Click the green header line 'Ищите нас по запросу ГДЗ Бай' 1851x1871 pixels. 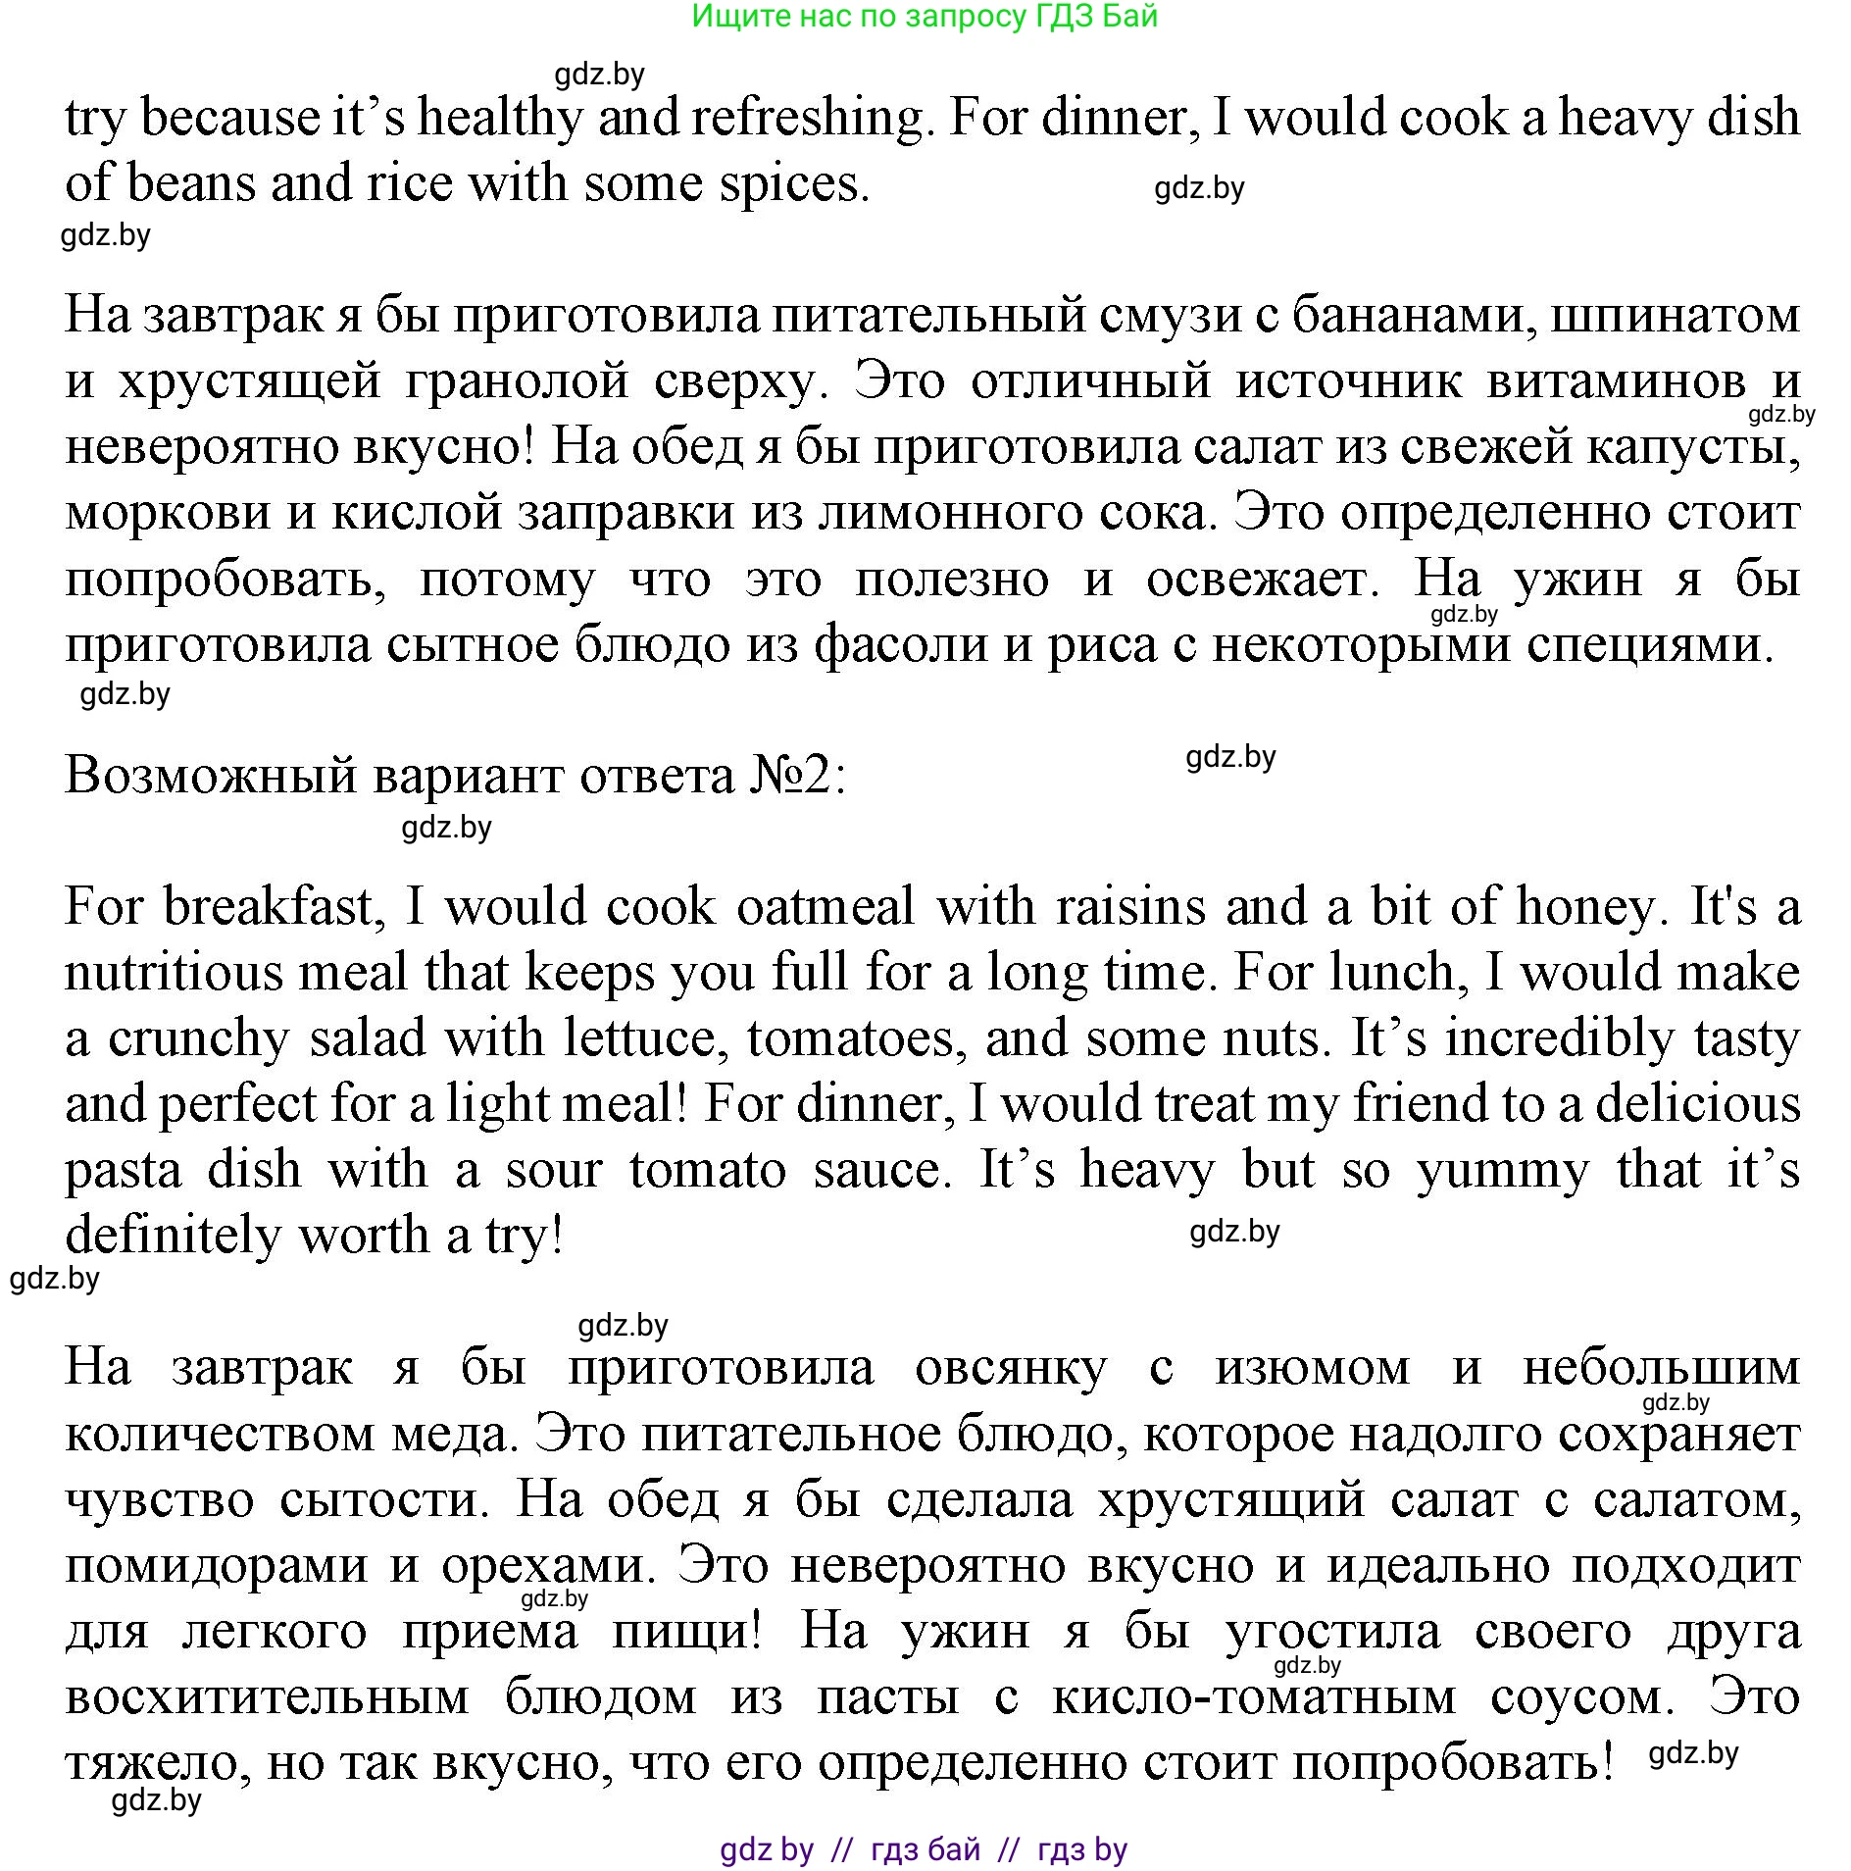(925, 17)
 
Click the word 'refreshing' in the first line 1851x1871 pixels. (807, 119)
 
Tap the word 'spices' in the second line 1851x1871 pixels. (793, 184)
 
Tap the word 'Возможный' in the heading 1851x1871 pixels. (212, 776)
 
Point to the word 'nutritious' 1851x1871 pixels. (173, 974)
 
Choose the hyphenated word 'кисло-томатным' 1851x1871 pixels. (1254, 1697)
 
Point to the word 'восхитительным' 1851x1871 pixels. (268, 1697)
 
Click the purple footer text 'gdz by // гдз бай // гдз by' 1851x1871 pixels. (924, 1848)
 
